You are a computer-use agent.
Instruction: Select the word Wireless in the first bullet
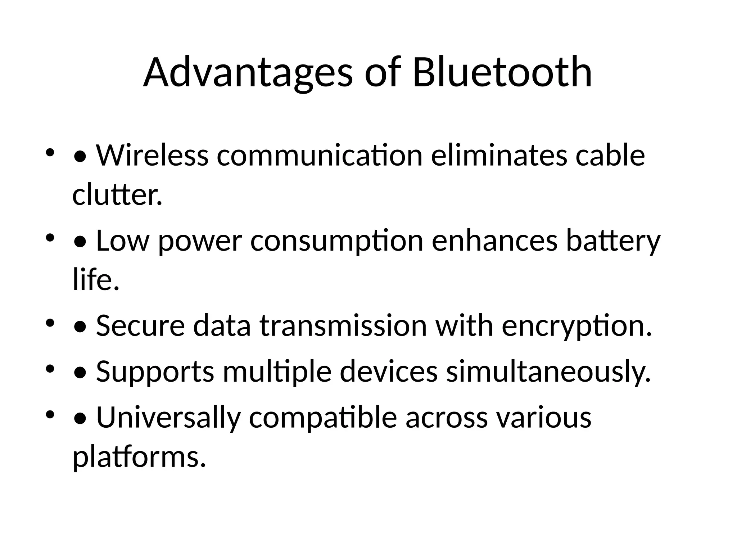point(152,156)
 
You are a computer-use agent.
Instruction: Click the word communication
point(320,156)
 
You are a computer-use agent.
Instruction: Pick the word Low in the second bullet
point(122,241)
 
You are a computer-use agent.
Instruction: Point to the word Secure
point(140,326)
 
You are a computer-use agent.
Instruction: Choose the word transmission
point(343,326)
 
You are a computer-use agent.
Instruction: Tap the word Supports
point(155,372)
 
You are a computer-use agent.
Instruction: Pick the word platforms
point(139,457)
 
